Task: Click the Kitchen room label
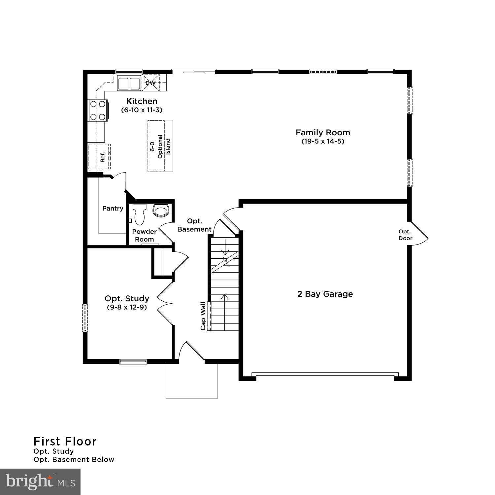[142, 101]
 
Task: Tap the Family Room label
[323, 133]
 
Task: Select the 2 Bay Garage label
[325, 294]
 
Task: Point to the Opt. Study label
[127, 299]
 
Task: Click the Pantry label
[113, 208]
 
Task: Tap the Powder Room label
[144, 235]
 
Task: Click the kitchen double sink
[129, 83]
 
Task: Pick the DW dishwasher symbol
[150, 83]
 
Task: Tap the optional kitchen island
[160, 146]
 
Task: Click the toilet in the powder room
[139, 214]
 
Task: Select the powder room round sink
[161, 210]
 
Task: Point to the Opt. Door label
[405, 235]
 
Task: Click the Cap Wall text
[203, 316]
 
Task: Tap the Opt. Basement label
[194, 225]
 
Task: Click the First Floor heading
[65, 441]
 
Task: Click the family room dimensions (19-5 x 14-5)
[323, 142]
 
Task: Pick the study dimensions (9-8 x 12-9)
[127, 307]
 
